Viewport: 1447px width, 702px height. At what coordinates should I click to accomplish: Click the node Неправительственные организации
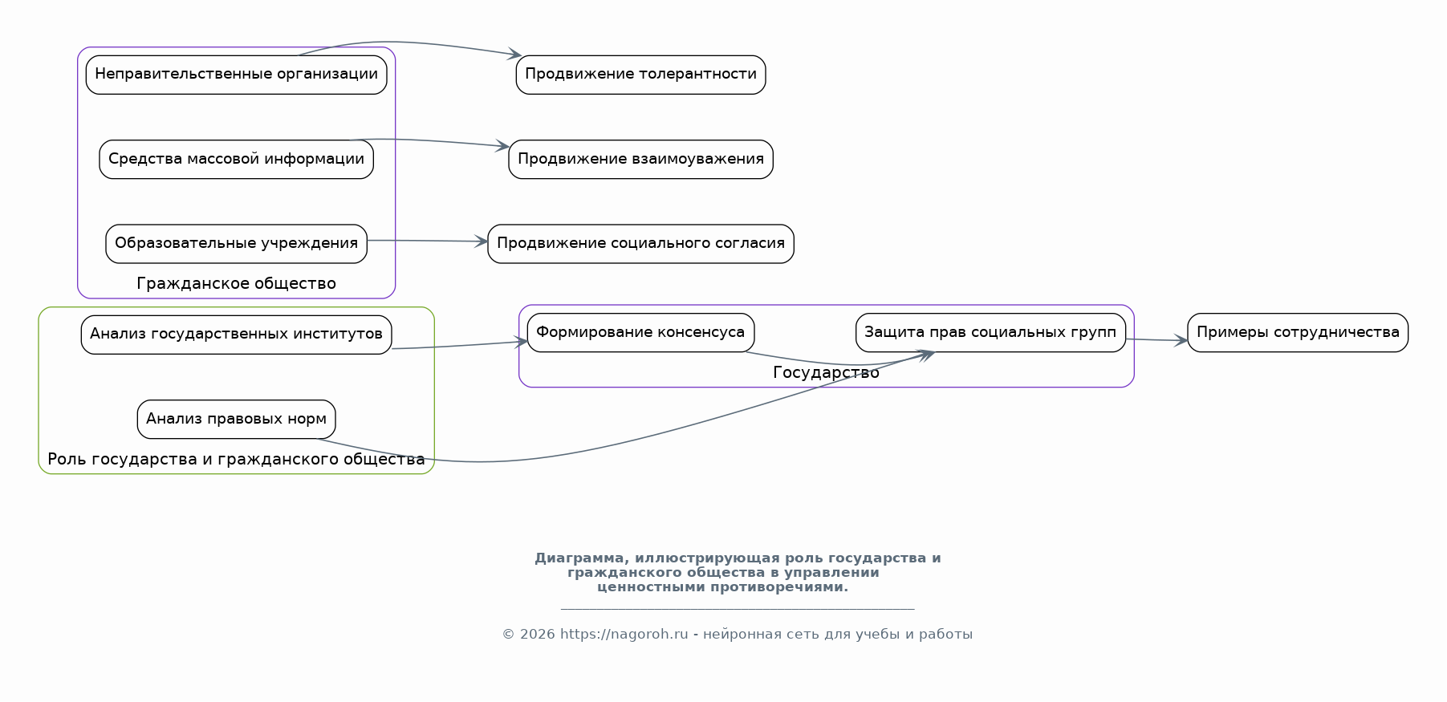point(236,75)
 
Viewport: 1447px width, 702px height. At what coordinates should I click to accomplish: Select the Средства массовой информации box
point(236,159)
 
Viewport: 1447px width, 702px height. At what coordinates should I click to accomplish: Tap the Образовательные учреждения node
point(236,243)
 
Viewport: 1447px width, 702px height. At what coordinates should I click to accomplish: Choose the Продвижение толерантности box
point(640,75)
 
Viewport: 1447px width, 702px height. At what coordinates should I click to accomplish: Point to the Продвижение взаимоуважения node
point(640,159)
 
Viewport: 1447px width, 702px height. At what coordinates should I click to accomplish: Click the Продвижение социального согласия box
point(640,243)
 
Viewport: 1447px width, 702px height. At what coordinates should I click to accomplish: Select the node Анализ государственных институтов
point(236,334)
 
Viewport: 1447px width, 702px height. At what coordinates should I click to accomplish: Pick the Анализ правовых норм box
point(236,419)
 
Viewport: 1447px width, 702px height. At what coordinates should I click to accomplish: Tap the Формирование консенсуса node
point(640,332)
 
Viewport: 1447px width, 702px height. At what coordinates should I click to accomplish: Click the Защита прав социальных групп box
point(990,332)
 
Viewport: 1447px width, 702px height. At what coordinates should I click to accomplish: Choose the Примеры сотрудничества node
point(1297,332)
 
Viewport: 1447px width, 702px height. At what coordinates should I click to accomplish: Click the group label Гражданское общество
point(236,283)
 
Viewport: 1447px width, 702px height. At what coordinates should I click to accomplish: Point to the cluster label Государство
point(826,372)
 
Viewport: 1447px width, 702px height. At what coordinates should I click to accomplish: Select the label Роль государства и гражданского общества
point(236,459)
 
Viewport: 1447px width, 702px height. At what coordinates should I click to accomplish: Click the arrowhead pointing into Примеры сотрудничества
point(1182,341)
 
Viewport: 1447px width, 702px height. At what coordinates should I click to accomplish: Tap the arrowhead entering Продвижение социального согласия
point(482,241)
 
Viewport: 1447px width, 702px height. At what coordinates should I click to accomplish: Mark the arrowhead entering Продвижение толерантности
point(516,55)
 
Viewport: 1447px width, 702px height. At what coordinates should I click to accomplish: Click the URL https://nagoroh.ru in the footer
point(624,635)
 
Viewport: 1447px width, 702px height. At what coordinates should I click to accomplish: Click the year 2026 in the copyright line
point(537,635)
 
